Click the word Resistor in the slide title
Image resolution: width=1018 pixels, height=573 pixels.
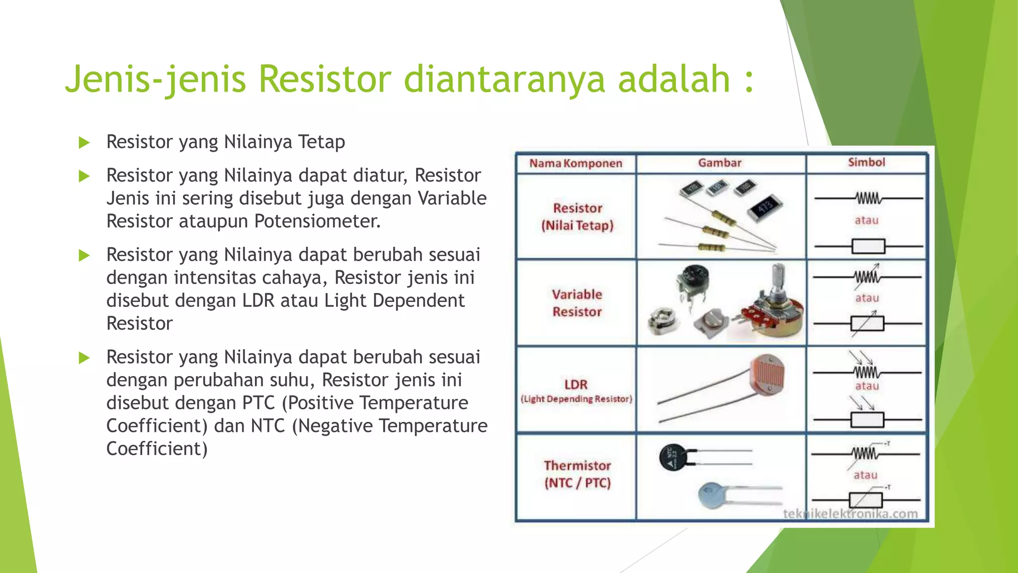point(325,80)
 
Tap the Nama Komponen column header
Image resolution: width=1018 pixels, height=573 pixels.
point(576,164)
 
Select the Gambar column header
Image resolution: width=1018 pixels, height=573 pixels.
point(719,163)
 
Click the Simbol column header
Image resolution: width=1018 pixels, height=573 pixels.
point(866,162)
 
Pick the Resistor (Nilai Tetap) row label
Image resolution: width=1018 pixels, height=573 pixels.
point(577,217)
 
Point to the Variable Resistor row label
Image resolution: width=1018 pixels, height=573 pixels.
point(577,303)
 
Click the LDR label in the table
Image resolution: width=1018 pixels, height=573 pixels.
point(576,384)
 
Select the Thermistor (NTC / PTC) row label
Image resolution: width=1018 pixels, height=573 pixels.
point(577,474)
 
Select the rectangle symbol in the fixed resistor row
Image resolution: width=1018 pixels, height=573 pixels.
point(868,246)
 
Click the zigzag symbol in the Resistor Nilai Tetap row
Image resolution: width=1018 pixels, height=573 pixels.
point(868,198)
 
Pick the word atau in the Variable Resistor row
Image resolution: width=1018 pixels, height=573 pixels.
point(867,298)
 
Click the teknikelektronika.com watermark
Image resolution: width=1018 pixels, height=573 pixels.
point(850,514)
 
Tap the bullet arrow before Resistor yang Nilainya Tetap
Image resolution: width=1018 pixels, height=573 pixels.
point(84,143)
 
